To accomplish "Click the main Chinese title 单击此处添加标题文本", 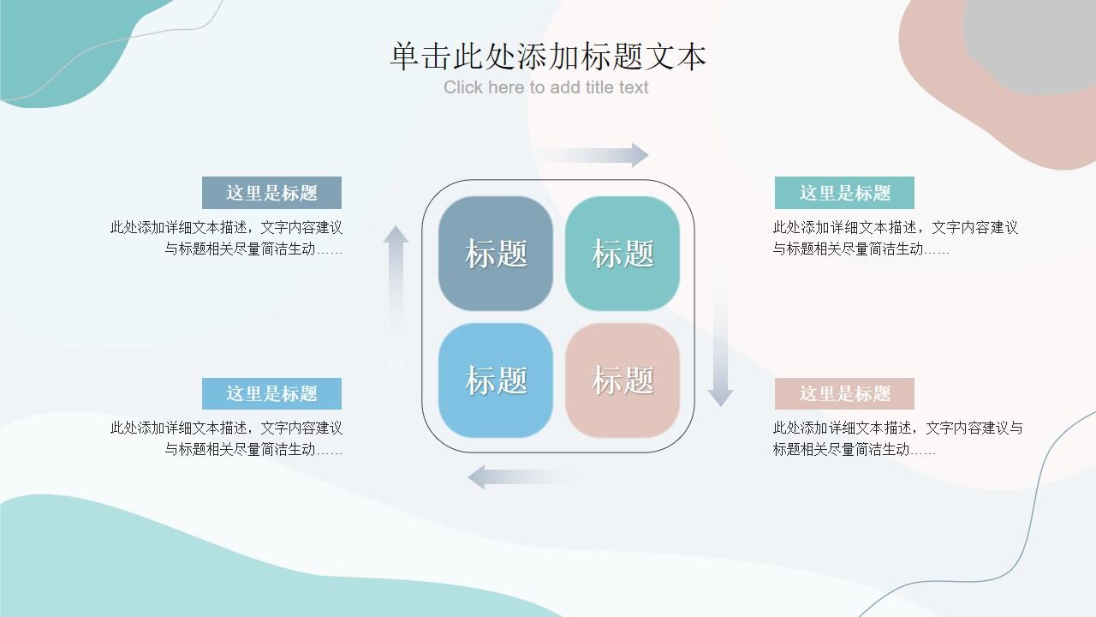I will click(x=548, y=57).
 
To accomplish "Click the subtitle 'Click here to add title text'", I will click(x=546, y=87).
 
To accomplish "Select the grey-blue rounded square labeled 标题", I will click(x=496, y=254).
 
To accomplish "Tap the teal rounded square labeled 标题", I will click(x=622, y=254).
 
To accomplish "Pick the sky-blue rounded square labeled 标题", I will click(x=496, y=380).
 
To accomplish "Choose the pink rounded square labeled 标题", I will click(x=622, y=380).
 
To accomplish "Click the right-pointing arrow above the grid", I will click(x=591, y=155).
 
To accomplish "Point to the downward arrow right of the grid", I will click(x=720, y=343).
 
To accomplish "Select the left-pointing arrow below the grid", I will click(x=522, y=477).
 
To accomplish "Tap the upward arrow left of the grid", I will click(x=396, y=283).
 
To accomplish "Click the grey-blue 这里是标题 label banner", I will click(x=271, y=193).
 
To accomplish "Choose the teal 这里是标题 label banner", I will click(x=844, y=193).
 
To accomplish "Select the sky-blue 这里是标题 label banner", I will click(x=271, y=393).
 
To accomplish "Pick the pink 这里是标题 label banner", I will click(x=844, y=393).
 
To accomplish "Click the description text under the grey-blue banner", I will click(x=227, y=238).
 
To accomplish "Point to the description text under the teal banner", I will click(x=895, y=238).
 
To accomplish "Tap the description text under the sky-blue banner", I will click(x=227, y=439).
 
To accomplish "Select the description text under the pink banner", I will click(x=897, y=439).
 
